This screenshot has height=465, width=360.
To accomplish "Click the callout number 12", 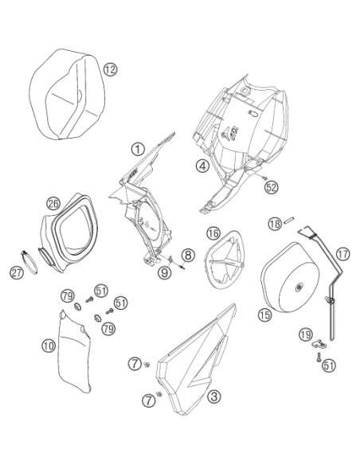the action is (x=111, y=69).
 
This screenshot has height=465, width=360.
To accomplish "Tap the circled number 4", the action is (x=202, y=166).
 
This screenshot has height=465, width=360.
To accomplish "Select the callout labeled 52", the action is (x=271, y=187).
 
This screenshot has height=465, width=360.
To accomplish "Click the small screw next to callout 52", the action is (x=264, y=177).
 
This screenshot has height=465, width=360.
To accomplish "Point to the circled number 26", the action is (x=53, y=204).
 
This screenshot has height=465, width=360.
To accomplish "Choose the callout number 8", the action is (x=188, y=255).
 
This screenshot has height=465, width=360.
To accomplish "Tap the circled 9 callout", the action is (x=164, y=272).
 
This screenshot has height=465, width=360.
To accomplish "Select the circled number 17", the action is (x=343, y=254).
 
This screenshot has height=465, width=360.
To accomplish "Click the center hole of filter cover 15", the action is (x=298, y=287).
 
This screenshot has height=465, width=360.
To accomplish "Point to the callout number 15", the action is (x=264, y=315).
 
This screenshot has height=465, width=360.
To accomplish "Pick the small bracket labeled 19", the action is (x=319, y=344).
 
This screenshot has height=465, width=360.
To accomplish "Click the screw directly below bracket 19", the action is (x=318, y=357).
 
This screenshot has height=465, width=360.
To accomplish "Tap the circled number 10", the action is (x=49, y=346).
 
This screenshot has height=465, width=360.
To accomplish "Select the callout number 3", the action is (x=213, y=397).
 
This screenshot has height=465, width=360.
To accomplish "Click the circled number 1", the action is (x=138, y=149).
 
